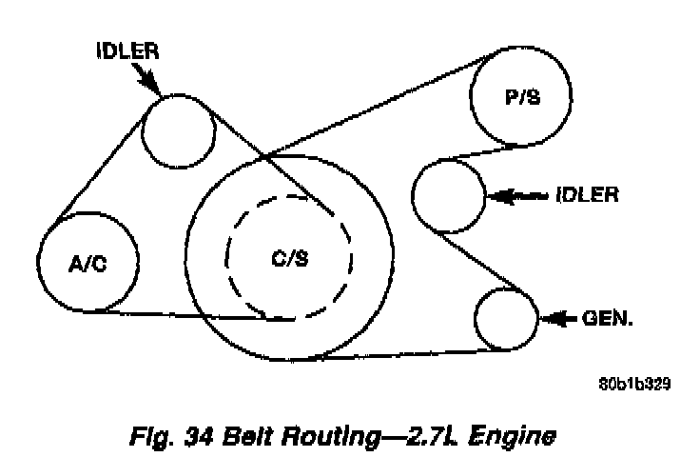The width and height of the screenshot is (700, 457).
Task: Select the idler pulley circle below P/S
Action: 448,195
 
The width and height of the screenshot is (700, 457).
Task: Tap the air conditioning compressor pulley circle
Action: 87,261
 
